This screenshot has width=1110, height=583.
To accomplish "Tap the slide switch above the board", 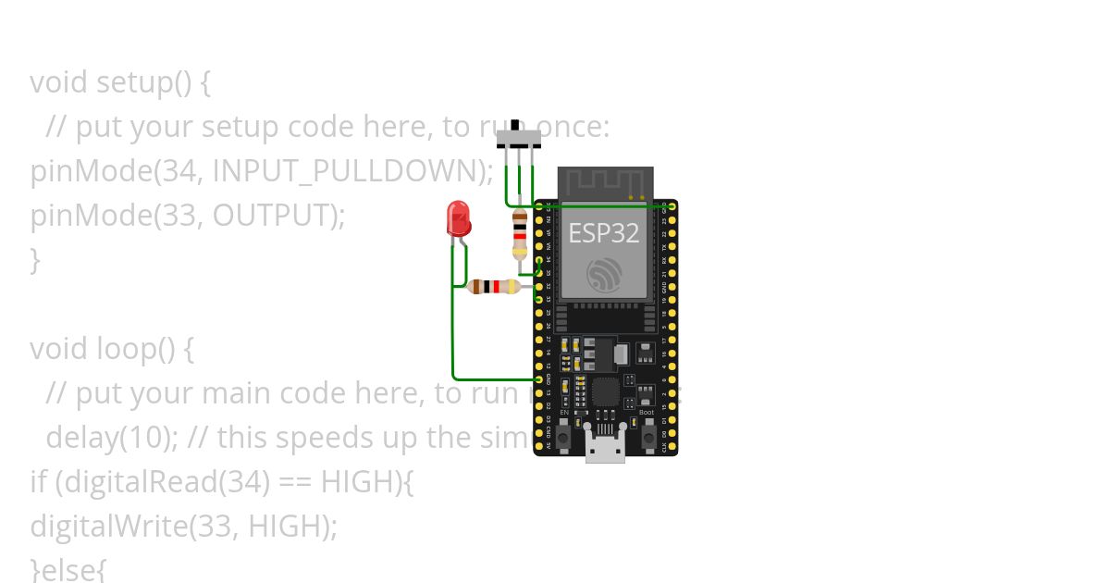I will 519,139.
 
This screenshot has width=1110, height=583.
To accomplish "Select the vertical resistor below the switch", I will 520,234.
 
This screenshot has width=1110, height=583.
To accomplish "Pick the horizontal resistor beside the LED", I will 493,287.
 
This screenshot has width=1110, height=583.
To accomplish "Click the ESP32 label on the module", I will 603,233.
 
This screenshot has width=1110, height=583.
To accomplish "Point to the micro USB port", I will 605,448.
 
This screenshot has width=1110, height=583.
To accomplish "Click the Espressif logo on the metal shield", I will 605,275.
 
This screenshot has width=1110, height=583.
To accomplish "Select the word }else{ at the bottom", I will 68,568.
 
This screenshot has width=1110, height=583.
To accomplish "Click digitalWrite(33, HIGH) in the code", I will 183,527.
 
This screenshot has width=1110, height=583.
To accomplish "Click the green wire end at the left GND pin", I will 539,379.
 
